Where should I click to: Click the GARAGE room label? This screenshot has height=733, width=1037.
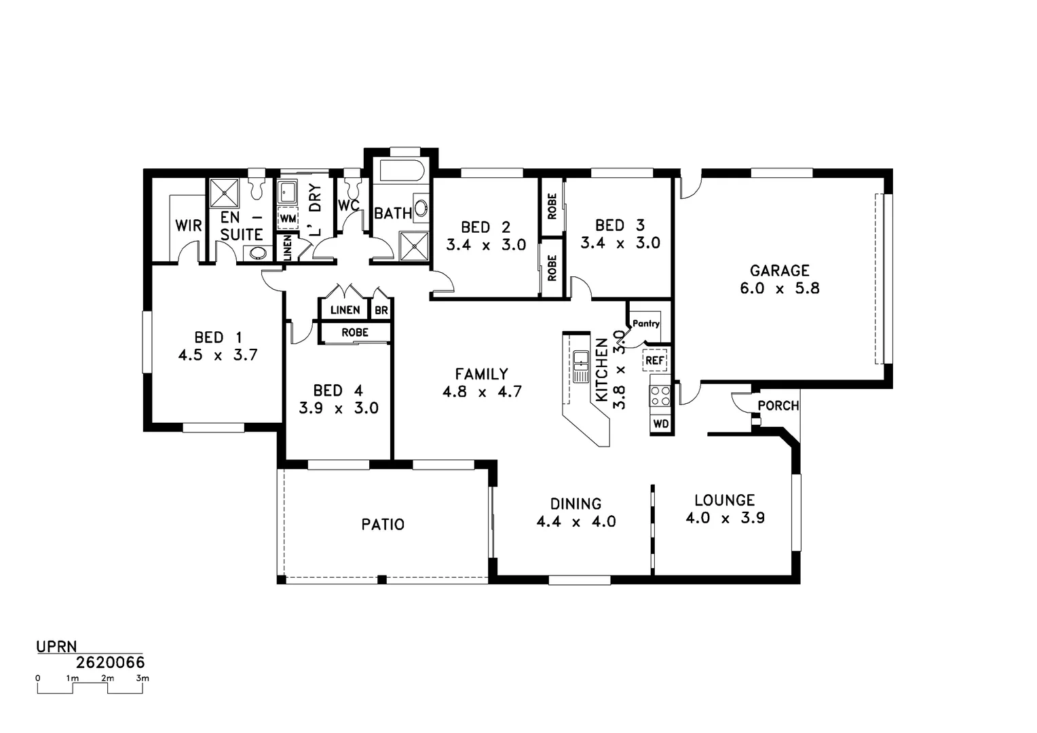tap(779, 271)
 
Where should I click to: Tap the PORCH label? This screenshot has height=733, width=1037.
tap(778, 406)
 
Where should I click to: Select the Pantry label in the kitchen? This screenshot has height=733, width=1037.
tap(645, 324)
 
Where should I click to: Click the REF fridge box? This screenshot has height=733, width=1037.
tap(654, 360)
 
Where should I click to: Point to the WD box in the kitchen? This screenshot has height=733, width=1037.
tap(660, 424)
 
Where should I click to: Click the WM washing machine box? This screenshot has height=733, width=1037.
tap(288, 219)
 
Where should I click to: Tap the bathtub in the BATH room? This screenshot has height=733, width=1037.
tap(401, 171)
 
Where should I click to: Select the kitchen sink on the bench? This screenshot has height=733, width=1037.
tap(580, 367)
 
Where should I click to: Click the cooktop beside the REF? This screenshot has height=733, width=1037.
tap(660, 396)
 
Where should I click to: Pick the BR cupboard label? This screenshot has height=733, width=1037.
tap(381, 311)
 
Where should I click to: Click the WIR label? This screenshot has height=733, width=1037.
tap(189, 225)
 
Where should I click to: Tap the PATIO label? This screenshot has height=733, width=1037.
tap(383, 525)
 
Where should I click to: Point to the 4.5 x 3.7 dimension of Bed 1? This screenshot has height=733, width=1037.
tap(217, 355)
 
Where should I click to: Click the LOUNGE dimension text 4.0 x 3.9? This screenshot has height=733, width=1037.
tap(725, 519)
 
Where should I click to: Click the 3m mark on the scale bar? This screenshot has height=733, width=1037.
tap(143, 678)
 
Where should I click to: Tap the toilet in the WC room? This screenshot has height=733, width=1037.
tap(352, 185)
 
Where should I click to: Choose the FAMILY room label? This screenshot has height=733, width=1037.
tap(481, 374)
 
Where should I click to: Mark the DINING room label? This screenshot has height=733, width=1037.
tap(576, 504)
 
